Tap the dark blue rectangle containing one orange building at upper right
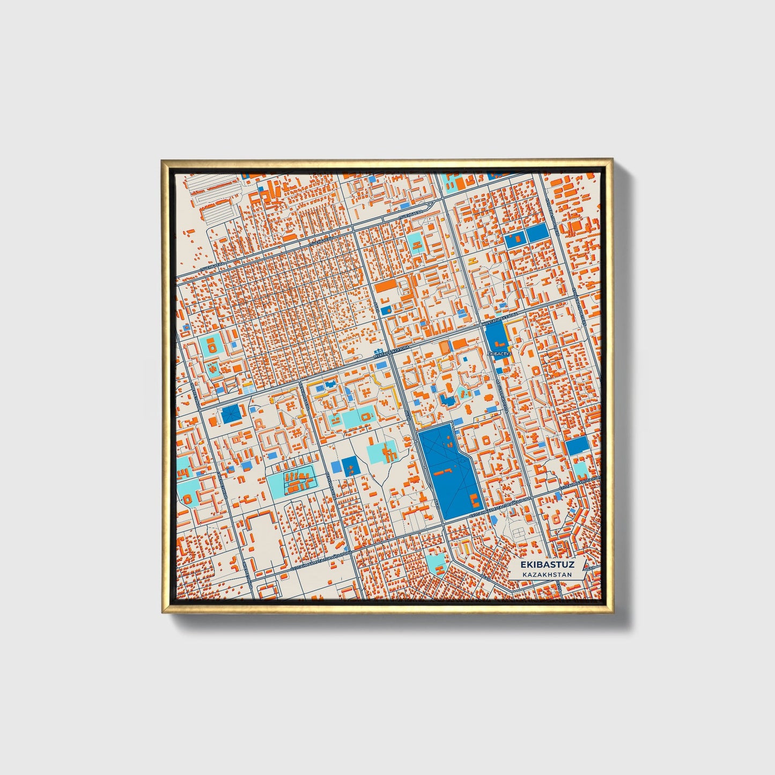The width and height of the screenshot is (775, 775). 515,238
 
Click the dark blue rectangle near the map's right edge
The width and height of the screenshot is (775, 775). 577,446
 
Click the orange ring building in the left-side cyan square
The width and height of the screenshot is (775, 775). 212,346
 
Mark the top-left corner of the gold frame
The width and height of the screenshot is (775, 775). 163,160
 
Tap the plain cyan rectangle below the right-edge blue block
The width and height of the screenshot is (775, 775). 580,469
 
